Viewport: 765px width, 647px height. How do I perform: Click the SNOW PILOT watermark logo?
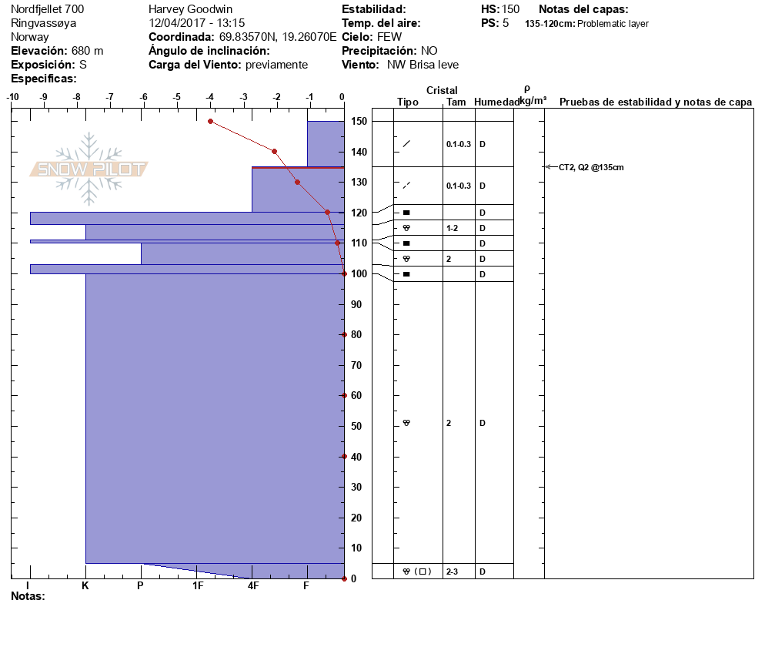89,169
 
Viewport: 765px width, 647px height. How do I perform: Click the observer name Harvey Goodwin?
190,9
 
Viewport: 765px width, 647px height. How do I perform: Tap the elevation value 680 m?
87,51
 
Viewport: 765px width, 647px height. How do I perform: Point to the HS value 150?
510,9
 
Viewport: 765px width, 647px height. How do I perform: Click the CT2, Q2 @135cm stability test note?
591,167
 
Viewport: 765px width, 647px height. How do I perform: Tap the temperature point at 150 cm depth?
210,121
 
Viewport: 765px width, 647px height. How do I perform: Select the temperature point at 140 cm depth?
275,152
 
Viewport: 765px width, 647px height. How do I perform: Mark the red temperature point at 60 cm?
344,395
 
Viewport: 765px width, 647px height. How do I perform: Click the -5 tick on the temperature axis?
177,97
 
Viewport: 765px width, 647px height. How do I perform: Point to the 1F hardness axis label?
198,586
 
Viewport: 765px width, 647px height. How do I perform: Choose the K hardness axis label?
85,586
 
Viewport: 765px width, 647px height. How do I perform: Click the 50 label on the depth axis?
357,426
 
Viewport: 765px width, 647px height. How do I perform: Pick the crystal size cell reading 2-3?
453,572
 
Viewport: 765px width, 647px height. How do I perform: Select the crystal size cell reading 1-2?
453,228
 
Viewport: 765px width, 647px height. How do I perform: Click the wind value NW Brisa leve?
423,65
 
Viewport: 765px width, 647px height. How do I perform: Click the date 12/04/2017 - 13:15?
197,23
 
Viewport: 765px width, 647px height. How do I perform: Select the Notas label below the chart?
28,596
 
